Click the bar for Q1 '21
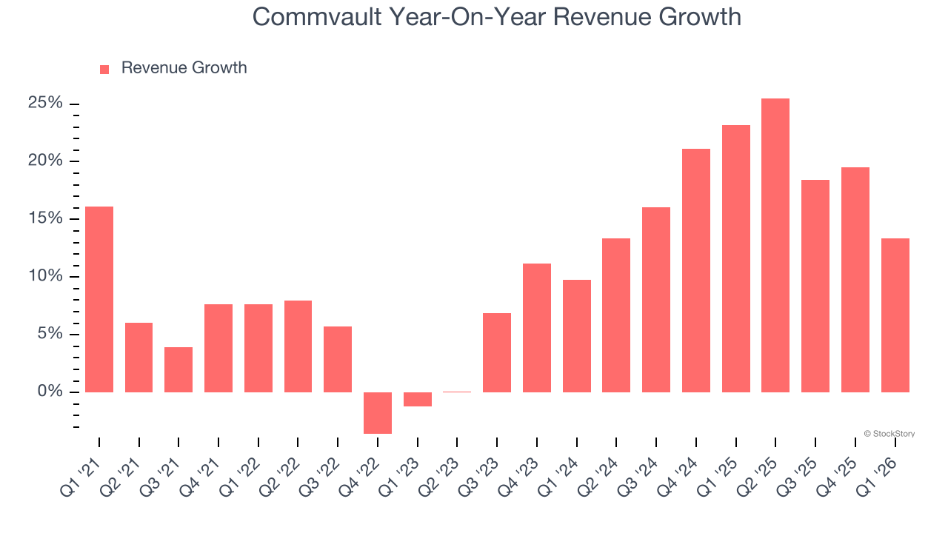99,299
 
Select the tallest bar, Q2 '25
775,245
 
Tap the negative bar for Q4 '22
378,412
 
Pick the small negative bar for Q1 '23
418,399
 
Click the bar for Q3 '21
178,369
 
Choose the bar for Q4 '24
696,270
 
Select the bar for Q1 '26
895,315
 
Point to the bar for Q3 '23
497,352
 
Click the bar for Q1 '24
577,335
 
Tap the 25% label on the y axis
45,104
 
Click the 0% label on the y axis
50,392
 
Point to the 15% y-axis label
45,219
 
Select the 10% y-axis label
45,276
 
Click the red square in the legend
104,69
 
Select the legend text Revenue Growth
184,68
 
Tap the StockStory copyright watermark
889,434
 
